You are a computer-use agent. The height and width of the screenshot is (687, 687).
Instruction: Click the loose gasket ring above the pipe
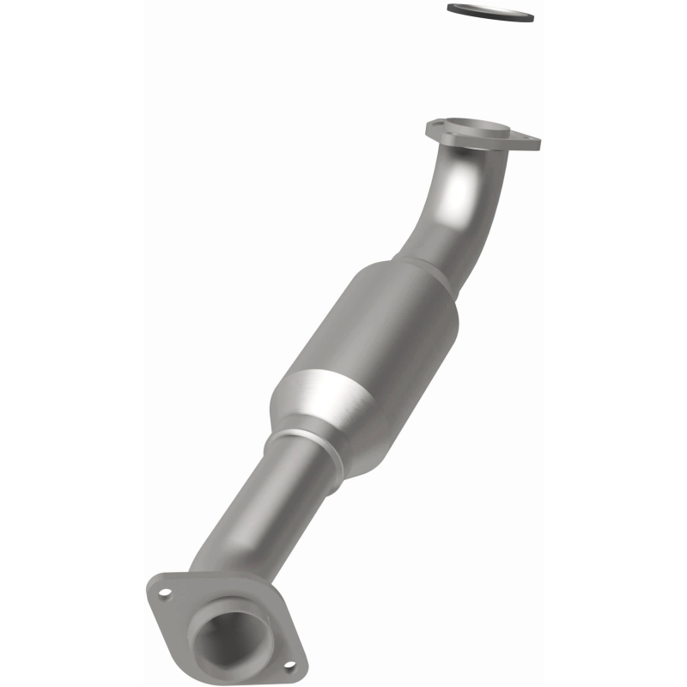click(x=489, y=13)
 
